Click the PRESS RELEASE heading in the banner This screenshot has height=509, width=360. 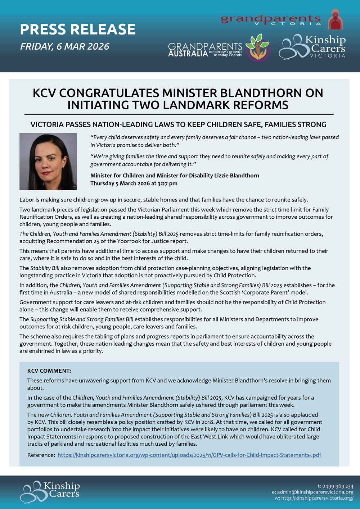coord(78,29)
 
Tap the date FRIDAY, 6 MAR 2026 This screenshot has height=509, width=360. coord(65,46)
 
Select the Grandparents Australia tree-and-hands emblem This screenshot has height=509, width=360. coord(257,47)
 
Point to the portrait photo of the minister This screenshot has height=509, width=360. coord(48,162)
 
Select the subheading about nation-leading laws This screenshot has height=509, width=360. coord(178,124)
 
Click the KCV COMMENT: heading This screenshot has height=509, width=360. coord(49,371)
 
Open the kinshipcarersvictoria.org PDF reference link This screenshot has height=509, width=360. coord(189,455)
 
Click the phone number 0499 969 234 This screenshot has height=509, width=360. coord(338,486)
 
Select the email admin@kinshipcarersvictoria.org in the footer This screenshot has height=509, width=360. coord(315,492)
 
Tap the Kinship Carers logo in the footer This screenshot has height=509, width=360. coord(50,491)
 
